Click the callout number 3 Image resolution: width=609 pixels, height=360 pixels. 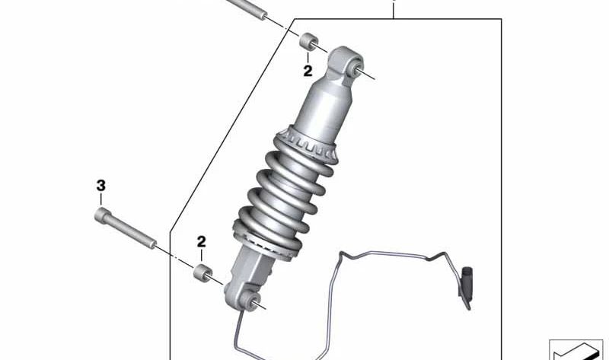click(101, 186)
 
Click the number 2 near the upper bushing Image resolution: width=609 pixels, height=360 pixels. click(308, 71)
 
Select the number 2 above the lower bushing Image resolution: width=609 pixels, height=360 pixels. click(201, 241)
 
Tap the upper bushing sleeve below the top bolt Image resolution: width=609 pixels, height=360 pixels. click(309, 41)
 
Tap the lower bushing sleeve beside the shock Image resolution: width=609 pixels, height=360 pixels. click(202, 272)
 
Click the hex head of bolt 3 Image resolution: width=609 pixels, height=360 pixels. click(101, 215)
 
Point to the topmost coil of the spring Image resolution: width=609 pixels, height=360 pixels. click(299, 162)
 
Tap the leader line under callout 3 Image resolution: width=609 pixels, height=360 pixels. click(101, 199)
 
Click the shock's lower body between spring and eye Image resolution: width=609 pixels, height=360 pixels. click(253, 268)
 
